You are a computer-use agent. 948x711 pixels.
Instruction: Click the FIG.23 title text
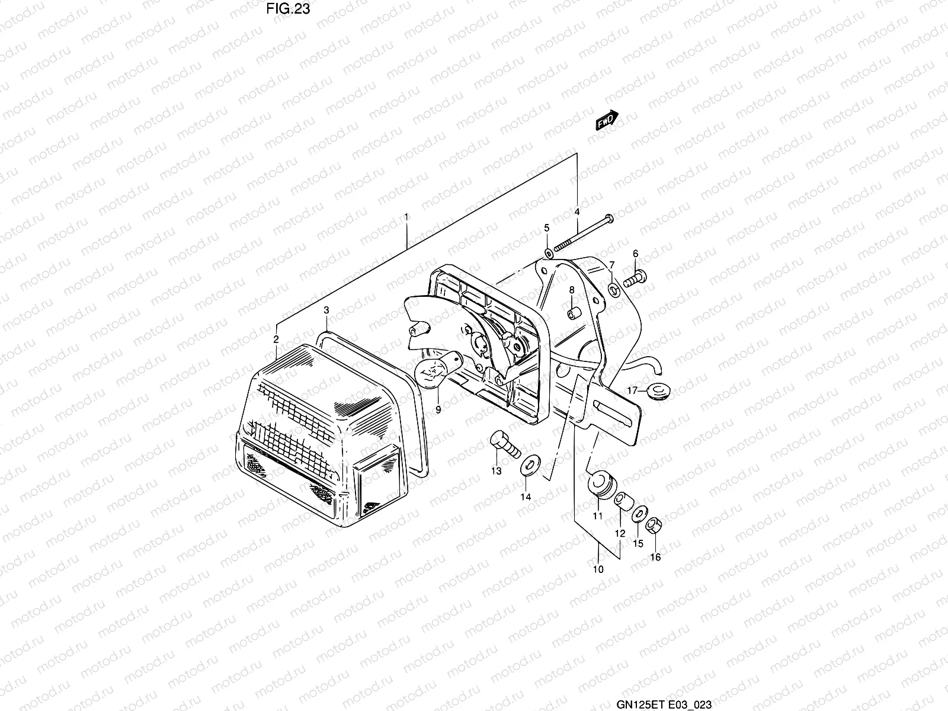tap(288, 9)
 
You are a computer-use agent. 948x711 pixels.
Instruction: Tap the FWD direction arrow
tap(607, 120)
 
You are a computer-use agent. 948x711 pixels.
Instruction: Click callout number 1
tap(406, 217)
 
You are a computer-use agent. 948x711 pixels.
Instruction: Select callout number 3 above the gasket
tap(326, 310)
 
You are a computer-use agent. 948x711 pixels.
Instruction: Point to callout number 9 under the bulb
tap(438, 409)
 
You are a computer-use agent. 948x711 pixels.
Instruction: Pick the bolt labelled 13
tap(504, 444)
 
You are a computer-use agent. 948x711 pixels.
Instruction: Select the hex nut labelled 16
tap(654, 526)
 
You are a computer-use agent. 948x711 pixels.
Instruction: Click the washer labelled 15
tap(639, 515)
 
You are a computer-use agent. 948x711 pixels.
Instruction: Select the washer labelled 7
tap(614, 289)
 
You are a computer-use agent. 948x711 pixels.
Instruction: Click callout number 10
tap(598, 569)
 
